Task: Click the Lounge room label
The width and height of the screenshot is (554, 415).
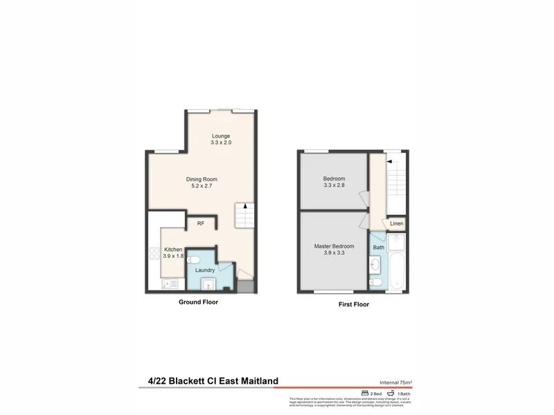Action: (x=221, y=136)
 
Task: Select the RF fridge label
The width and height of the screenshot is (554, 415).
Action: (x=201, y=223)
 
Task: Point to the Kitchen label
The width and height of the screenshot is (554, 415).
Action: (x=173, y=249)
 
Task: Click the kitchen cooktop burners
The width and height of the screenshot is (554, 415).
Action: (x=153, y=254)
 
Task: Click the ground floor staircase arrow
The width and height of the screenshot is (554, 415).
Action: (x=244, y=205)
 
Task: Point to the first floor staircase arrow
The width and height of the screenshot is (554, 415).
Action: (x=389, y=161)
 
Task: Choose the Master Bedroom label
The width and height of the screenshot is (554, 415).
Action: (x=334, y=246)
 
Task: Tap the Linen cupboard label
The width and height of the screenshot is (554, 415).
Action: (x=397, y=224)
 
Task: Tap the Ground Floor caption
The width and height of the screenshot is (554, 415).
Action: (x=199, y=302)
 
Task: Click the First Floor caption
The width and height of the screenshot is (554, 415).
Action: (x=353, y=304)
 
